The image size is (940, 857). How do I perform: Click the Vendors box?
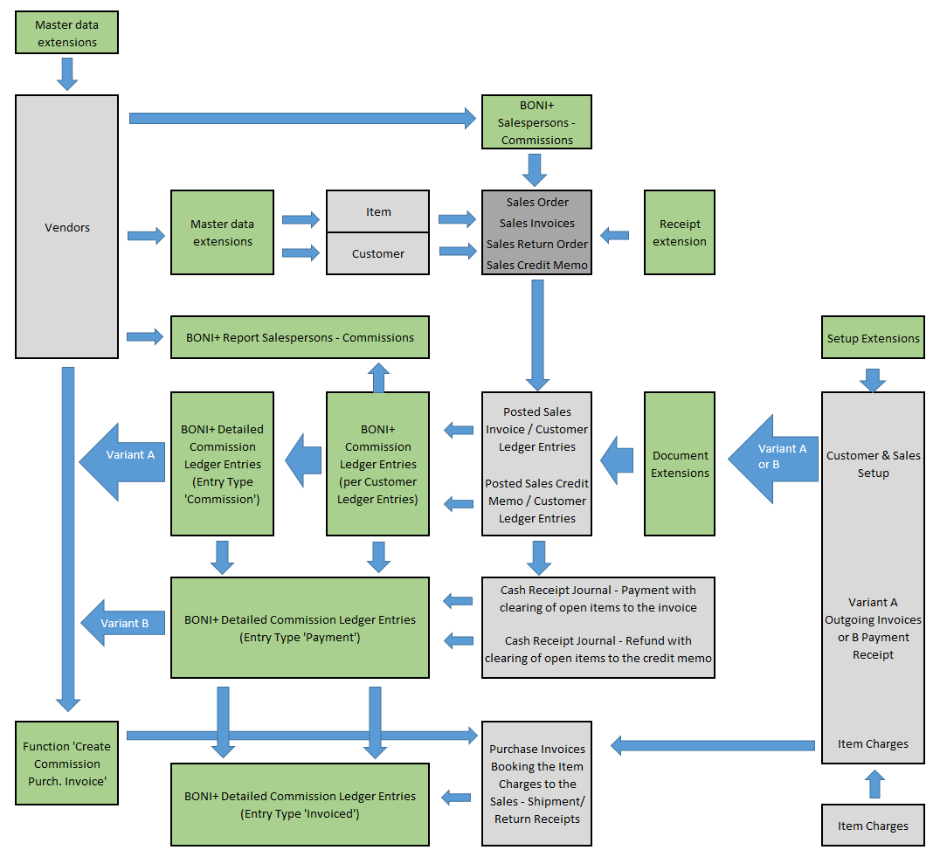(x=66, y=227)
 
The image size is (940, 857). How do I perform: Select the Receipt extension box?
(x=679, y=232)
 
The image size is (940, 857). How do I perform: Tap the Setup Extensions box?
(x=873, y=337)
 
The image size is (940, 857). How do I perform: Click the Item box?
(x=377, y=211)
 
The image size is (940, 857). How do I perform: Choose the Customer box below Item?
(x=377, y=253)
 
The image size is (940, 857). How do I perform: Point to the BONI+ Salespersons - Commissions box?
(x=536, y=122)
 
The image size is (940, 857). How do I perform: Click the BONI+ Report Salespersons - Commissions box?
(x=300, y=337)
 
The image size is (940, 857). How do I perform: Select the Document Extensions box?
(x=679, y=464)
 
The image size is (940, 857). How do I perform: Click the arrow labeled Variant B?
(x=122, y=623)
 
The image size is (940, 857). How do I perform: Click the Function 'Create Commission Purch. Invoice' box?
(x=66, y=763)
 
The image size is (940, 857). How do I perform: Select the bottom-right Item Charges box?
(x=873, y=826)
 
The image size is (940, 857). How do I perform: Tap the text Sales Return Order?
(x=536, y=244)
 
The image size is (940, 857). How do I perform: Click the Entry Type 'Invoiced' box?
(x=300, y=805)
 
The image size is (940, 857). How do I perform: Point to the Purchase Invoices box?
(x=536, y=784)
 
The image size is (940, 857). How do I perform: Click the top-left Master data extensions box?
(x=66, y=33)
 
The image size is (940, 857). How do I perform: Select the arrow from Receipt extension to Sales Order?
(x=615, y=234)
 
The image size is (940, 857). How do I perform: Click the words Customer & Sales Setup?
(x=873, y=464)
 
